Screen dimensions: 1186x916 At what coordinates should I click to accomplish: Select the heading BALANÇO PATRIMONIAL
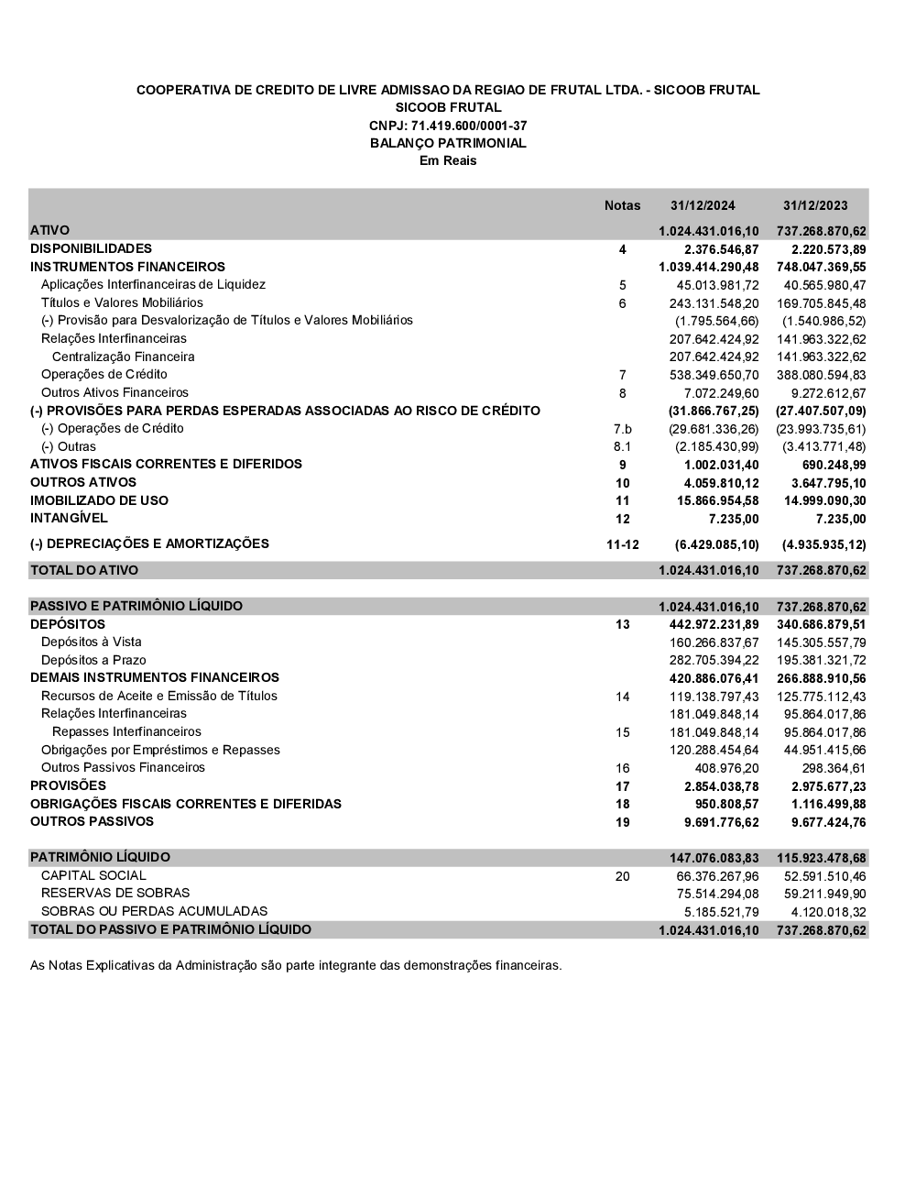point(448,143)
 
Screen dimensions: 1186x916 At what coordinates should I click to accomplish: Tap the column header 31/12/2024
point(703,206)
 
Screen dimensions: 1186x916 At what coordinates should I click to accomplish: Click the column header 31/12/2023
point(815,206)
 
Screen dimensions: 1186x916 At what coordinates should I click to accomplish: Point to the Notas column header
point(623,206)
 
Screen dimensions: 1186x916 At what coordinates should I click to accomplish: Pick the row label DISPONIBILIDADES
point(91,248)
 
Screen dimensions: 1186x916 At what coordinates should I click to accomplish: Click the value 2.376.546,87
point(722,249)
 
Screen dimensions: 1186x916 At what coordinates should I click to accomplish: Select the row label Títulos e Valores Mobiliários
point(122,302)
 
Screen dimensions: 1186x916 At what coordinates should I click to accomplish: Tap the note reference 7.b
point(623,429)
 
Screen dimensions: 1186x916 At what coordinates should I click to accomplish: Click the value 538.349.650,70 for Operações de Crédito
point(714,375)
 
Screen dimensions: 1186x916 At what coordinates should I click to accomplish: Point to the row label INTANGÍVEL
point(69,518)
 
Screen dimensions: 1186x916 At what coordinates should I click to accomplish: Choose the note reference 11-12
point(623,544)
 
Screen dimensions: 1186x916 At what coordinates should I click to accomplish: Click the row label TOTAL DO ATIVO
point(84,570)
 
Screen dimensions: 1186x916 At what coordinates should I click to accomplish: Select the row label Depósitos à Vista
point(92,642)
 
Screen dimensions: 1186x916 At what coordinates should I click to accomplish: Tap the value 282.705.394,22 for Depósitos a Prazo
point(714,661)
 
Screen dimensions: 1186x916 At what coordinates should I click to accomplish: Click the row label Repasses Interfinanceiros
point(126,731)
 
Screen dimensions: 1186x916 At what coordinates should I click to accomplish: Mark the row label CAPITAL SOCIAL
point(93,875)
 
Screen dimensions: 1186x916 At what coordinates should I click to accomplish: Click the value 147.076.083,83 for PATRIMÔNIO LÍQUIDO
point(714,859)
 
